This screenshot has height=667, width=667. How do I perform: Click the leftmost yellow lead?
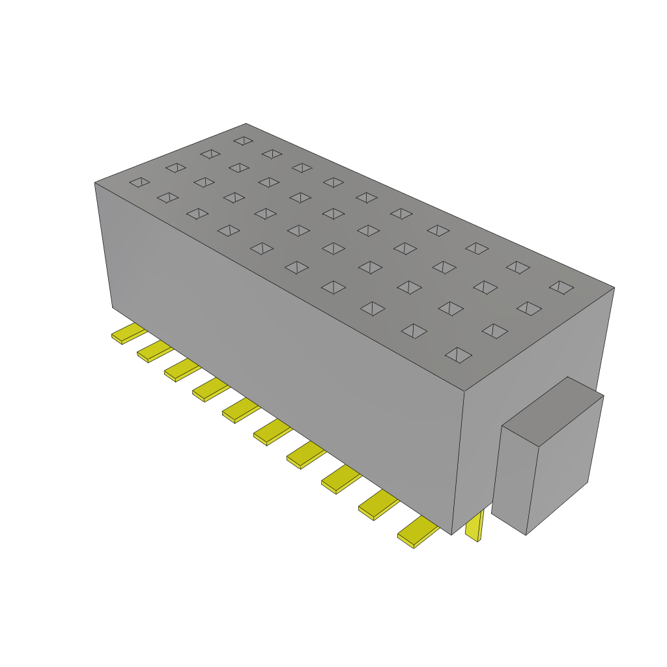(x=128, y=334)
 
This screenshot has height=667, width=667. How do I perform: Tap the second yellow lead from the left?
(x=154, y=352)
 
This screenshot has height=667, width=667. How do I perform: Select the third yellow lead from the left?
(x=181, y=371)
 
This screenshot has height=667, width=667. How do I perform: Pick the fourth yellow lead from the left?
(x=209, y=391)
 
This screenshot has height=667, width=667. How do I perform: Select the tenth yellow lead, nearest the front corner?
(x=417, y=533)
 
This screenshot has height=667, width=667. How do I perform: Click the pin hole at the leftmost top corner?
(x=139, y=182)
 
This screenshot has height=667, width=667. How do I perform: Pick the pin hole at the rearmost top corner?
(x=243, y=141)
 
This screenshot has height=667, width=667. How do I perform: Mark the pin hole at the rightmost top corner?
(x=561, y=287)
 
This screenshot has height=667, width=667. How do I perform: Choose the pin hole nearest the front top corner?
(x=458, y=354)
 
